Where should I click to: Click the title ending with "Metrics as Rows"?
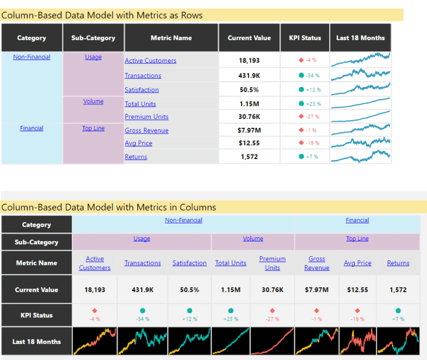[x=102, y=16]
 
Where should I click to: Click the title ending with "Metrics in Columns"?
[x=108, y=207]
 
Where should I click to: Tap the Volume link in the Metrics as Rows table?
[x=93, y=101]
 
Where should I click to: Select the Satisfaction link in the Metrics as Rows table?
[x=142, y=89]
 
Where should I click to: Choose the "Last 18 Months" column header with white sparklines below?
[x=360, y=38]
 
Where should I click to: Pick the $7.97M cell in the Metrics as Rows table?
[x=249, y=130]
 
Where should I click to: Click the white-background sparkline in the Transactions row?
[x=360, y=74]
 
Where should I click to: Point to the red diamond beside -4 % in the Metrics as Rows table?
[x=301, y=60]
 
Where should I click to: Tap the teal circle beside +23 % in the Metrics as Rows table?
[x=301, y=103]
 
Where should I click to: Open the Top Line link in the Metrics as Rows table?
[x=93, y=128]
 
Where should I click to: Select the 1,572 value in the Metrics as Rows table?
[x=249, y=157]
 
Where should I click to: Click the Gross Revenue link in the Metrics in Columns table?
[x=317, y=263]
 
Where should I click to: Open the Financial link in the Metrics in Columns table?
[x=357, y=220]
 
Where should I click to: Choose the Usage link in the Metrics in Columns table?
[x=142, y=238]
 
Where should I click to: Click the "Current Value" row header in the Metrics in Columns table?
[x=37, y=289]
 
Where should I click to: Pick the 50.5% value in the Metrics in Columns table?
[x=190, y=289]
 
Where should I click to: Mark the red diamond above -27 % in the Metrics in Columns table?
[x=272, y=311]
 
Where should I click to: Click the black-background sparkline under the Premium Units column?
[x=272, y=341]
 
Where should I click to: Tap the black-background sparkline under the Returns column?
[x=398, y=341]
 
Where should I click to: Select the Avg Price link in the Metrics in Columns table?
[x=358, y=263]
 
